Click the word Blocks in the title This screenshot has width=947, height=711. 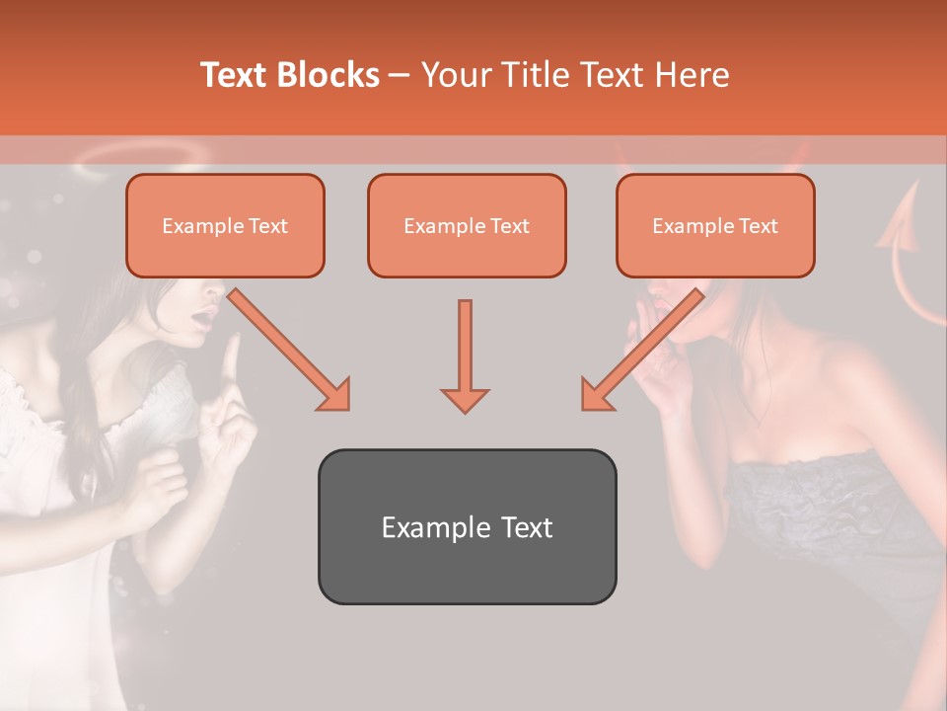(x=328, y=75)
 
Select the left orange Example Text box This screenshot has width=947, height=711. (x=225, y=226)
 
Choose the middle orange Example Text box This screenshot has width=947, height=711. (x=467, y=226)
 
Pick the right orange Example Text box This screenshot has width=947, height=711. (x=715, y=226)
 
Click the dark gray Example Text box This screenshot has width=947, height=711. (x=467, y=527)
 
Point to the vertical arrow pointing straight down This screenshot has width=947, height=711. (x=465, y=355)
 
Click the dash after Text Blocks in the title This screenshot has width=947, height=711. (x=401, y=76)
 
